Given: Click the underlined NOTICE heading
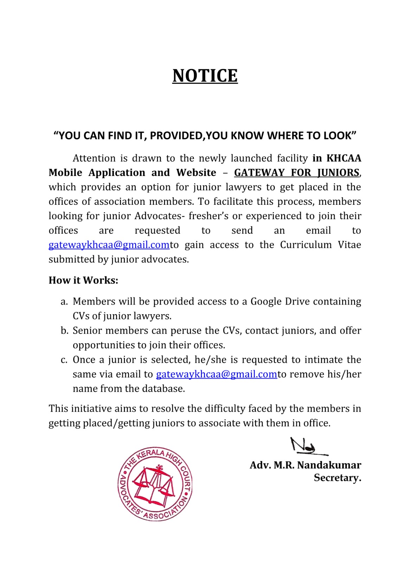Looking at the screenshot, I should [x=205, y=76].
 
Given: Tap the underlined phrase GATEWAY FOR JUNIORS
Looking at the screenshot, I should [x=297, y=173].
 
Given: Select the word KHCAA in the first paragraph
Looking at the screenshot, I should [x=343, y=158].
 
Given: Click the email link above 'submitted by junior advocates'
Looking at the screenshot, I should [x=109, y=245].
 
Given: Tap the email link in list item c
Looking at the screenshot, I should [x=216, y=374].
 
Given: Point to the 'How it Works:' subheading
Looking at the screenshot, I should [x=83, y=280].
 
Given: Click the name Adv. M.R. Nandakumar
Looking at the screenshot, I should [x=305, y=465].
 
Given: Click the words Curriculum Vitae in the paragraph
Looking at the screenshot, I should [x=320, y=245].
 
